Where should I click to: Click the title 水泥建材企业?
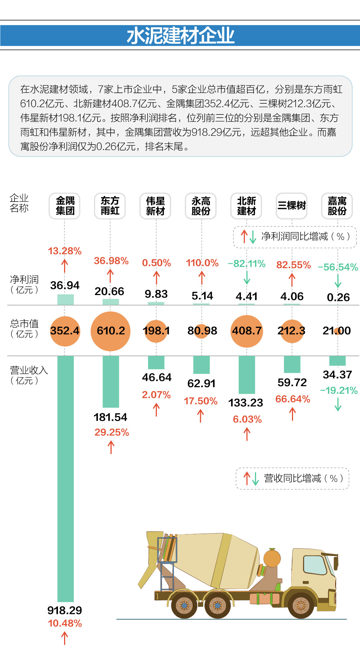coord(180,36)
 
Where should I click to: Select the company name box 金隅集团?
coord(65,206)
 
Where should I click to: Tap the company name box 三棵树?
coord(291,206)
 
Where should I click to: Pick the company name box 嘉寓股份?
coord(337,206)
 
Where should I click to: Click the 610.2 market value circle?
coord(111,331)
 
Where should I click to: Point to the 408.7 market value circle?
coord(247,331)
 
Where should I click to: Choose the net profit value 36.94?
coord(65,285)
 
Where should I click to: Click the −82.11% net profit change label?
coord(247,264)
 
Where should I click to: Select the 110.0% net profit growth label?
coord(202,263)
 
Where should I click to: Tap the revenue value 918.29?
coord(65,610)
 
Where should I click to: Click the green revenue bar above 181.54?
coord(111,381)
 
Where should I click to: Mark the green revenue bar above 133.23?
coord(247,375)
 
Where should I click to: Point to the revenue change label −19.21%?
coord(338,390)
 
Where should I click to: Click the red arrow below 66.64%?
coord(292,414)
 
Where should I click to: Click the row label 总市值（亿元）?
coord(24,329)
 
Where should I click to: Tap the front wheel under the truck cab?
coord(301,605)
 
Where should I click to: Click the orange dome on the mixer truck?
coord(272,558)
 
